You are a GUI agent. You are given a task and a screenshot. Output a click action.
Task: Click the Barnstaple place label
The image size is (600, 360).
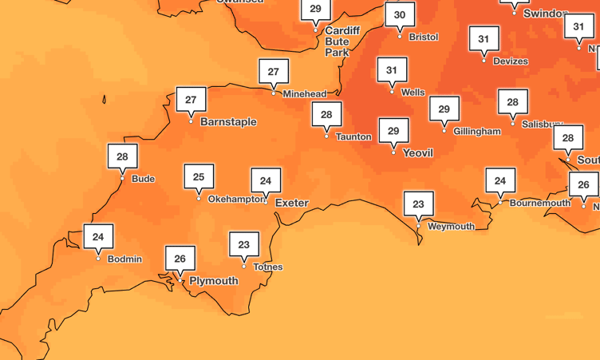click(228, 122)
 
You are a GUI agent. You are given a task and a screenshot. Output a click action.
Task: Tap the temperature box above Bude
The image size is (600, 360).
click(122, 157)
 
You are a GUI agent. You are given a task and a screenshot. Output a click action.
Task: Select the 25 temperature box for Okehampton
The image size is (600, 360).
click(199, 177)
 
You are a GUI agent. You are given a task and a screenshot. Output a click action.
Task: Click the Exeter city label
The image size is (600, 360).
click(291, 203)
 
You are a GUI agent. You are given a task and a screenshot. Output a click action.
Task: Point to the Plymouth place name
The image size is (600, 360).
click(214, 281)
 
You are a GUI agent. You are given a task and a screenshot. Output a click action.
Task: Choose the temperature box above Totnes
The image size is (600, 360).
click(244, 245)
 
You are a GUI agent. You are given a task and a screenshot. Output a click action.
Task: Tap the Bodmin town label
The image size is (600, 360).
click(124, 259)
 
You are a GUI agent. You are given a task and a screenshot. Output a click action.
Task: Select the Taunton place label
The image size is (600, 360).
click(353, 136)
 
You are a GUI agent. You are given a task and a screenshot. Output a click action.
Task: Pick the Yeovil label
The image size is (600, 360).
click(418, 152)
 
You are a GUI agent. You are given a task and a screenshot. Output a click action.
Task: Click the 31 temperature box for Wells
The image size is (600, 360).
click(392, 70)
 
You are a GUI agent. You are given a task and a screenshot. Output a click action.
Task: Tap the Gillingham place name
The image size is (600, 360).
click(477, 131)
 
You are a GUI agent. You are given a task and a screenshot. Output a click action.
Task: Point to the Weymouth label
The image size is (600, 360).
click(451, 226)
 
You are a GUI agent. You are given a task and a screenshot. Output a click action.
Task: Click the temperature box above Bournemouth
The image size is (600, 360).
click(500, 181)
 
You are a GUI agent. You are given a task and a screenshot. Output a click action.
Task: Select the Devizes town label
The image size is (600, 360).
click(511, 61)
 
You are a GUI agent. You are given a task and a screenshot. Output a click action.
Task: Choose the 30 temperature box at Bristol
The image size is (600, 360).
click(400, 15)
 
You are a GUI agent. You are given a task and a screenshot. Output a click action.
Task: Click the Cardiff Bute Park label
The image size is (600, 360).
click(342, 42)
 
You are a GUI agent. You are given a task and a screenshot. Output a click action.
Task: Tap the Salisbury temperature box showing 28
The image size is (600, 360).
click(513, 102)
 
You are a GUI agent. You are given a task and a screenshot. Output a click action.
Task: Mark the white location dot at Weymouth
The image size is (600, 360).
click(419, 226)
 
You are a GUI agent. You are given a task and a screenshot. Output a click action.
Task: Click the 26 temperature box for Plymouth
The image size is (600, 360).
click(180, 259)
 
